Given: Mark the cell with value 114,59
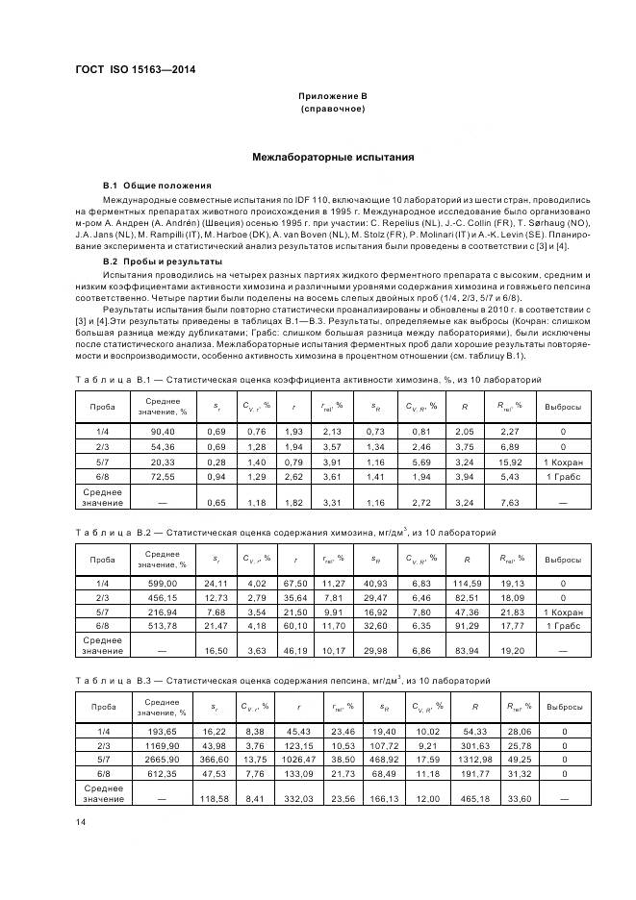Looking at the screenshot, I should pyautogui.click(x=466, y=583).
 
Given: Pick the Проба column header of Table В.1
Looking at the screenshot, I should pyautogui.click(x=102, y=407).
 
